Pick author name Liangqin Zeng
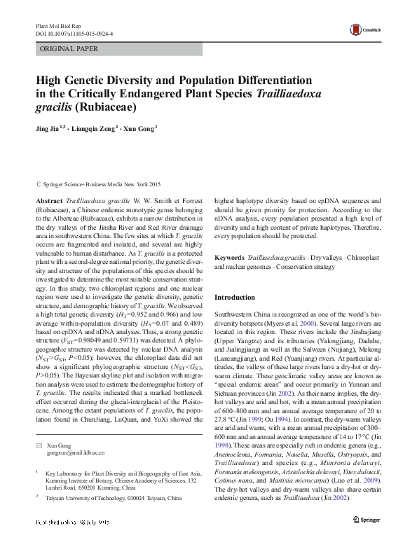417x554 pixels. click(x=98, y=129)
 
